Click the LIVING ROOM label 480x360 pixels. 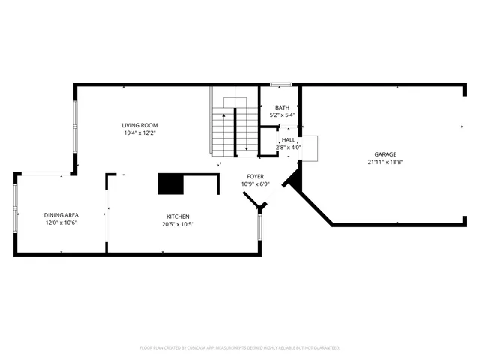point(139,125)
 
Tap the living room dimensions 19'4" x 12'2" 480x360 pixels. point(139,133)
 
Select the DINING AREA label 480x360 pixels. point(61,215)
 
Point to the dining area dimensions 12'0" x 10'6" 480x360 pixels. point(61,223)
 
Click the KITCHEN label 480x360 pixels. point(178,216)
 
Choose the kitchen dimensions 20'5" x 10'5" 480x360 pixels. point(178,223)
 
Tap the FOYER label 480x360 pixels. point(255,176)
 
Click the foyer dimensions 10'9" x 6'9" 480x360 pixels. point(255,184)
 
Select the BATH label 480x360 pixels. point(282,107)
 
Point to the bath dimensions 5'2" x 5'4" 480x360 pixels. point(282,115)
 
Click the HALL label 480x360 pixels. point(289,140)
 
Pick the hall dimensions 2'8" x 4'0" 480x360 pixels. point(289,148)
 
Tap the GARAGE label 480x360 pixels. point(386,154)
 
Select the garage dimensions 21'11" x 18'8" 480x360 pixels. point(386,161)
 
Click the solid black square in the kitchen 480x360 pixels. point(170,184)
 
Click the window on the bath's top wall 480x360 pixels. point(280,84)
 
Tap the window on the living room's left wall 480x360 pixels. point(74,124)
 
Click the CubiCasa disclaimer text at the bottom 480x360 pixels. point(240,347)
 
